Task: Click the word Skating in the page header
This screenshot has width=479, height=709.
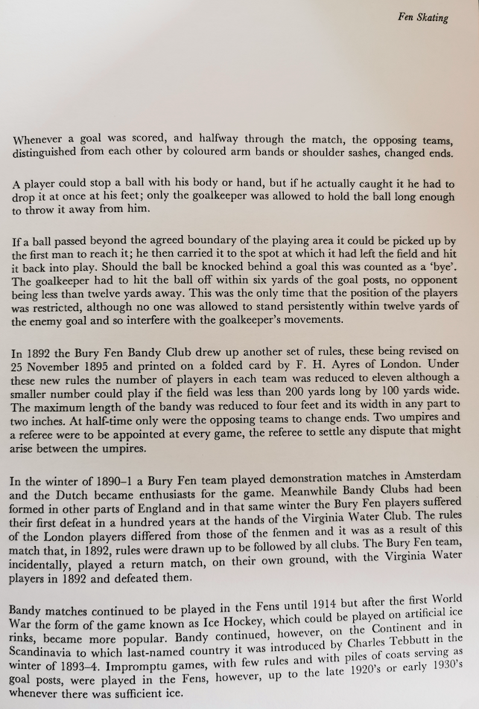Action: (x=433, y=17)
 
